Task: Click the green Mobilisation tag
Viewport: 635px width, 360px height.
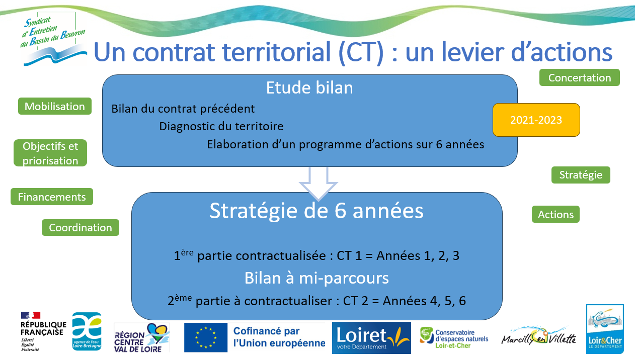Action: pos(55,106)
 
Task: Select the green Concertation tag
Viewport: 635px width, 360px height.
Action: pos(580,77)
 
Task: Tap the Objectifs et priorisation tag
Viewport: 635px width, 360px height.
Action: pos(50,153)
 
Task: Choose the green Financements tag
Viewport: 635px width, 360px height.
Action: pos(52,197)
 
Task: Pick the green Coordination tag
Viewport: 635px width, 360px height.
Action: pos(81,227)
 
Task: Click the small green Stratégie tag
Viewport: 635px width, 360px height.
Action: pos(581,175)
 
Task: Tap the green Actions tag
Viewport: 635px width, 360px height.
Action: pos(555,214)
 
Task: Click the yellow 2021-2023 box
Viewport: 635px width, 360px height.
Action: pos(536,120)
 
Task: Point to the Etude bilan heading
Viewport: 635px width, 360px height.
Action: pos(309,87)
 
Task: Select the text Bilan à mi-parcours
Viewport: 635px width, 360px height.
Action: pos(316,278)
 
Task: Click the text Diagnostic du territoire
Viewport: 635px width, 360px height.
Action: pos(221,126)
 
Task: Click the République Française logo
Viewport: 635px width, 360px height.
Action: pos(43,331)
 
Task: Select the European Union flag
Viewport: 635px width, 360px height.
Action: pos(206,337)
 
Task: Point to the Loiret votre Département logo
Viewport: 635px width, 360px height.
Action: pos(371,337)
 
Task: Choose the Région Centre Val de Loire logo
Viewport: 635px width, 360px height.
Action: pos(142,337)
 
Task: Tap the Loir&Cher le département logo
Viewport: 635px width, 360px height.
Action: pos(605,329)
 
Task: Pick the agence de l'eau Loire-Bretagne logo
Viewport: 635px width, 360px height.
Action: pos(87,331)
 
